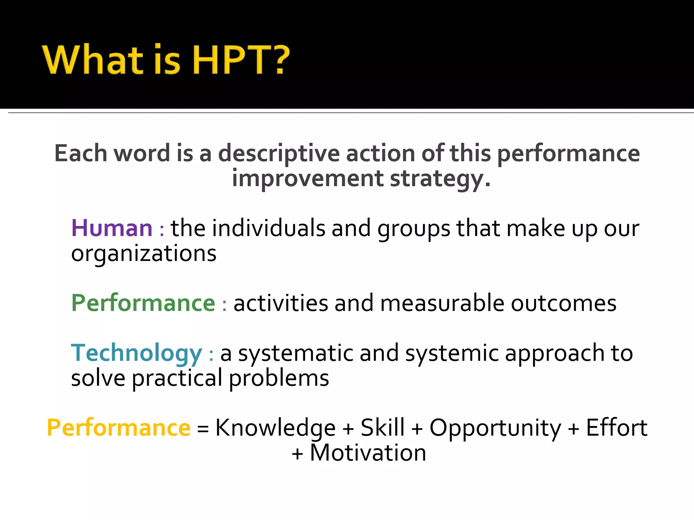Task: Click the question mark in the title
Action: [x=279, y=59]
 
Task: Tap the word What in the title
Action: [x=93, y=60]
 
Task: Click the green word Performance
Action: [x=143, y=303]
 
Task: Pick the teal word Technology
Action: [x=136, y=353]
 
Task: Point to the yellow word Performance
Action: [x=119, y=428]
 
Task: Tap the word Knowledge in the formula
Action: [x=275, y=428]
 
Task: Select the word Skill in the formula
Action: [x=383, y=427]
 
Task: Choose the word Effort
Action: [x=616, y=427]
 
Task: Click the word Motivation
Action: [x=368, y=453]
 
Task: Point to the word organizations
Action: [x=144, y=254]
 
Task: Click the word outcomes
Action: [x=564, y=303]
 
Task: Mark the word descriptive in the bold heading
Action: [x=279, y=154]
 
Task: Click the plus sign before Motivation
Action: [x=297, y=454]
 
